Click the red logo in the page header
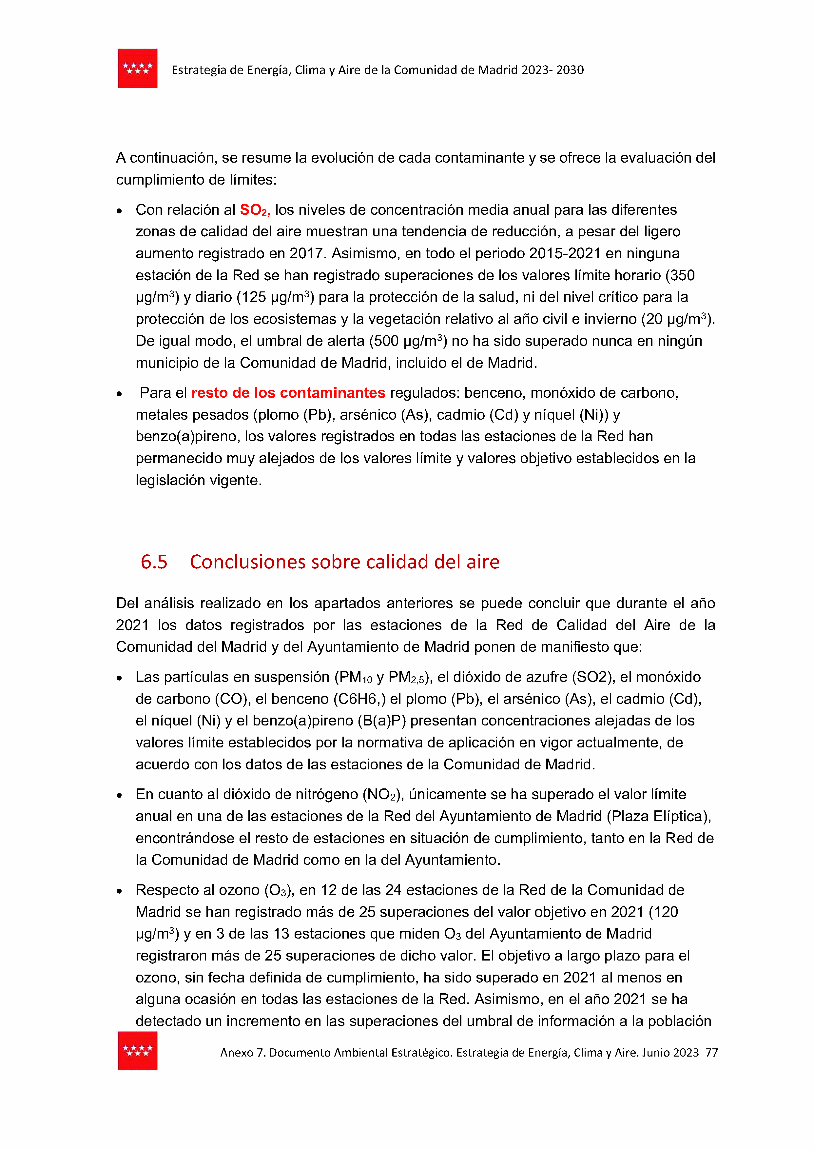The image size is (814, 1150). pos(137,69)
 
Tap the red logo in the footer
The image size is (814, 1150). pos(137,1050)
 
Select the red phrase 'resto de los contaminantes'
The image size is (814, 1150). pos(288,392)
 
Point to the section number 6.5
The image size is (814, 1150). pos(154,562)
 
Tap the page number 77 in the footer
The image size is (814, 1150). pos(711,1053)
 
